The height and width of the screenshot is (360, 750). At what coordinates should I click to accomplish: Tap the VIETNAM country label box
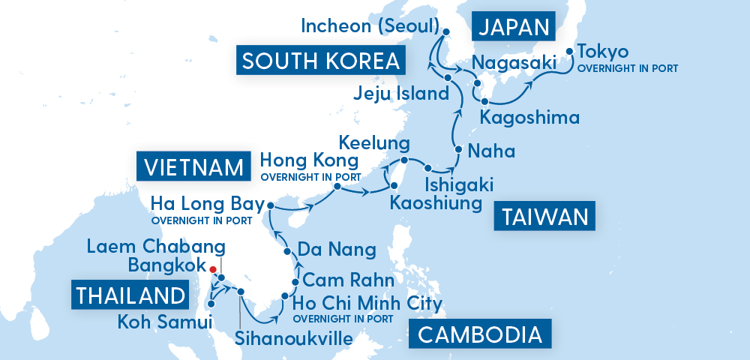pos(193,166)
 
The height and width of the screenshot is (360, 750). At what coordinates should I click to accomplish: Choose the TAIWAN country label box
pos(544,217)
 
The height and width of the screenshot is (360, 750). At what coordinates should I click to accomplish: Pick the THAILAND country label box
pos(130,295)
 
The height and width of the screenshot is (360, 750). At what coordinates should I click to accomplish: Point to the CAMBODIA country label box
pos(479,334)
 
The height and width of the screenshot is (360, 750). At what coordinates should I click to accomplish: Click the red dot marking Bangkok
pos(213,269)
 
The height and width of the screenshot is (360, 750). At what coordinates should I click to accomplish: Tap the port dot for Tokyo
pos(569,52)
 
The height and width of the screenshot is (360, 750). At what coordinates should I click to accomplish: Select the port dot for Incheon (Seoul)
pos(445,32)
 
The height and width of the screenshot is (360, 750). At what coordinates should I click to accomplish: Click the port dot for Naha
pos(457,150)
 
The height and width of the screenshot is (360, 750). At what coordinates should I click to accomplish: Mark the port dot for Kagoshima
pos(484,100)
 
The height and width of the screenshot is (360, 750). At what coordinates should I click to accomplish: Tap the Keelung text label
pos(374,142)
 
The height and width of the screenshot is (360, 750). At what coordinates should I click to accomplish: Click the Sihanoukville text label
pos(293,338)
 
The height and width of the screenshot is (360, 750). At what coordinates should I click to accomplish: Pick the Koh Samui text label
pos(164,323)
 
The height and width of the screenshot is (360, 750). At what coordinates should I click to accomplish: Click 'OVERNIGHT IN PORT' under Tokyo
pos(628,68)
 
